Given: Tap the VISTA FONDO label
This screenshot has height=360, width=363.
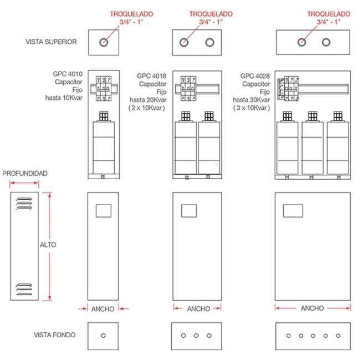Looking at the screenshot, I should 54,334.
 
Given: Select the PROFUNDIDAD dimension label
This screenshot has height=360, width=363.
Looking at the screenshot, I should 25,174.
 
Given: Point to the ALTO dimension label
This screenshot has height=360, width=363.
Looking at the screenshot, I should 48,245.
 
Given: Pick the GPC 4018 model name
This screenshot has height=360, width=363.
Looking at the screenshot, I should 151,76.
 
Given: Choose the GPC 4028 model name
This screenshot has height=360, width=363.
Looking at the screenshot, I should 255,76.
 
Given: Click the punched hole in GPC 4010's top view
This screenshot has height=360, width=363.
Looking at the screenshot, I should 104,42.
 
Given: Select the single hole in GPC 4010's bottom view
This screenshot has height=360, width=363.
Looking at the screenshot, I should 104,335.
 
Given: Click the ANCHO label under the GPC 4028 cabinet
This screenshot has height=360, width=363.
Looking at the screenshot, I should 313,308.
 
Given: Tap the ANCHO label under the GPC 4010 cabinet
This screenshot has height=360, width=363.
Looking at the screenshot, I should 104,308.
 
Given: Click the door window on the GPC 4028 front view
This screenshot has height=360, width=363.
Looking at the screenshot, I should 293,210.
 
